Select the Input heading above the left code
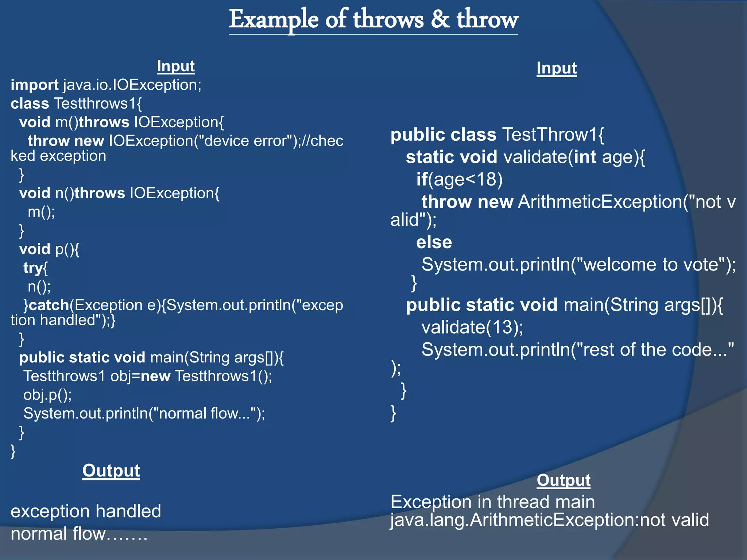175,66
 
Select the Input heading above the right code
557,68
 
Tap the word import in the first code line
34,85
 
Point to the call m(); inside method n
41,212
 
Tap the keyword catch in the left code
49,305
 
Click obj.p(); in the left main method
47,395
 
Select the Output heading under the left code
111,471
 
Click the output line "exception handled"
86,511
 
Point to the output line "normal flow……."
79,534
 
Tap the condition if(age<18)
460,179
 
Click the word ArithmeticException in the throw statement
600,202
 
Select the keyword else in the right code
434,242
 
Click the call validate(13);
472,327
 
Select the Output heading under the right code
564,480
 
